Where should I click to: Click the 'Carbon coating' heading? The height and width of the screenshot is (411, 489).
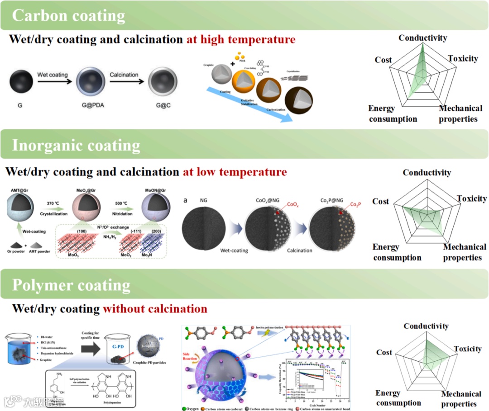tap(68, 16)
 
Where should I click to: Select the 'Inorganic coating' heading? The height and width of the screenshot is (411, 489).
tap(76, 146)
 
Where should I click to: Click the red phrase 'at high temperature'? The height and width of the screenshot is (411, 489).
tap(241, 40)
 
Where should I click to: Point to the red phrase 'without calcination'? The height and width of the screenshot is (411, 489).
tap(155, 309)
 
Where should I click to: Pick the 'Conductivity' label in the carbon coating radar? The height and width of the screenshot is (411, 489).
tap(422, 38)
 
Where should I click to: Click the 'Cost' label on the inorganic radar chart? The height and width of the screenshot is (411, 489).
tap(380, 201)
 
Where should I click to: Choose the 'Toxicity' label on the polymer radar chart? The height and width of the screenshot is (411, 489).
tap(467, 349)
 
